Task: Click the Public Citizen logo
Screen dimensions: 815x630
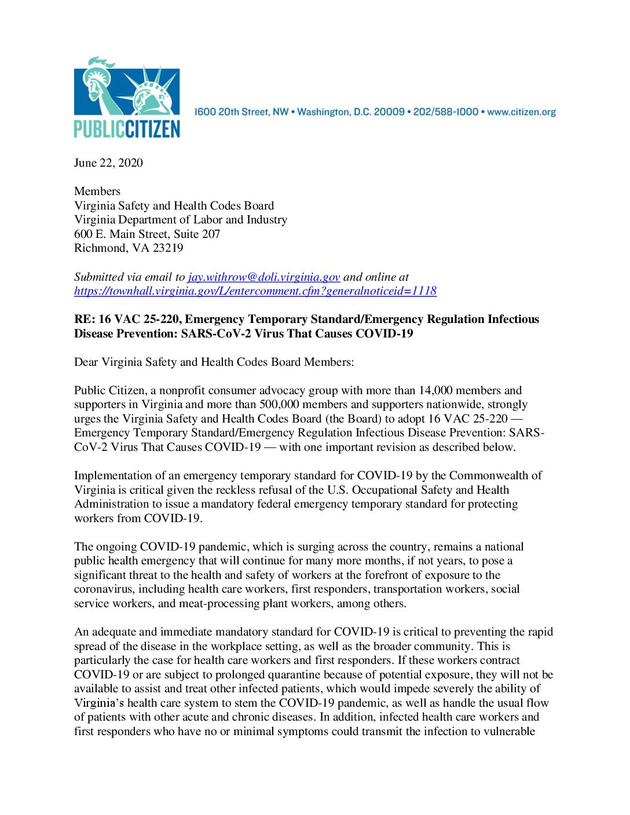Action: pyautogui.click(x=127, y=97)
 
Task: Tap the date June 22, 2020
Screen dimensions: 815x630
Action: pyautogui.click(x=108, y=163)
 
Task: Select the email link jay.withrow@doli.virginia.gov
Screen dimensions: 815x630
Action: pyautogui.click(x=263, y=277)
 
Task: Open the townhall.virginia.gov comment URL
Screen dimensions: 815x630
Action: pyautogui.click(x=255, y=291)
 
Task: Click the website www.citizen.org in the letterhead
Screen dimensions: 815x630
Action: pyautogui.click(x=521, y=112)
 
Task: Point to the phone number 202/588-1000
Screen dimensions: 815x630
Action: pyautogui.click(x=446, y=112)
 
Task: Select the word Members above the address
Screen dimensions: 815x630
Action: pyautogui.click(x=97, y=191)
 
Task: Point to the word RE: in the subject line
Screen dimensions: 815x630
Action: pyautogui.click(x=85, y=319)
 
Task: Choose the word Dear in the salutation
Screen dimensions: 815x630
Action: pyautogui.click(x=86, y=362)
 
